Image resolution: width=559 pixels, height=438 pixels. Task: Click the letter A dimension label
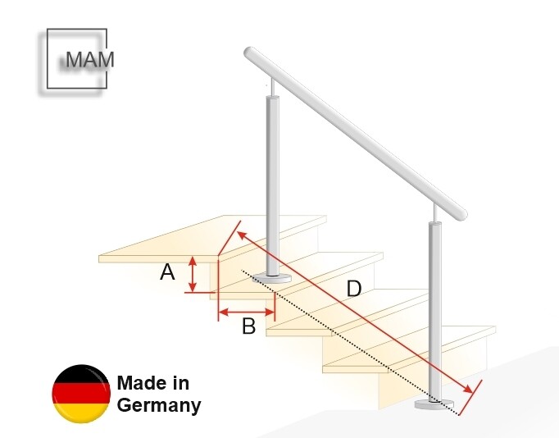[167, 272]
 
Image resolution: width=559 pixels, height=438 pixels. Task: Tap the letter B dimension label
[248, 326]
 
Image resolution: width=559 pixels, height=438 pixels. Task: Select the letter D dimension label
[353, 289]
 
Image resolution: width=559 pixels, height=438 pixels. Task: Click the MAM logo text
[90, 60]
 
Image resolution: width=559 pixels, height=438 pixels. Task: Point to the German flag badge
[81, 394]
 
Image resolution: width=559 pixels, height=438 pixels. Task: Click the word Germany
[159, 406]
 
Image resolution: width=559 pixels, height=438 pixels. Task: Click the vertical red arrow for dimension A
[193, 274]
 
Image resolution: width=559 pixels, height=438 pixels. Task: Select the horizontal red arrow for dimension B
[247, 313]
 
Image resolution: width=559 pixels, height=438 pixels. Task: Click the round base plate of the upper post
[271, 278]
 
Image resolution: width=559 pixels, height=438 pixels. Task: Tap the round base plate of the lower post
[434, 404]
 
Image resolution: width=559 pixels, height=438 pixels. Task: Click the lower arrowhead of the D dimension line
[469, 389]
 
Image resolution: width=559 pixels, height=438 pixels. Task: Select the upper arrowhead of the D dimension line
[243, 235]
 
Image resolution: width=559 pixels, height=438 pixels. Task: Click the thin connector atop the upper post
[273, 87]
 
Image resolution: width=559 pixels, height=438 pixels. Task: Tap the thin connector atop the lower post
[434, 213]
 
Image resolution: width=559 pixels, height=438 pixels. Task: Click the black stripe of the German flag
[81, 374]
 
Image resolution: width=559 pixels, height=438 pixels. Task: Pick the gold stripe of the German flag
[81, 413]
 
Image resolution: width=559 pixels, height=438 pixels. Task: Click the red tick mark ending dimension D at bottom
[470, 398]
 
